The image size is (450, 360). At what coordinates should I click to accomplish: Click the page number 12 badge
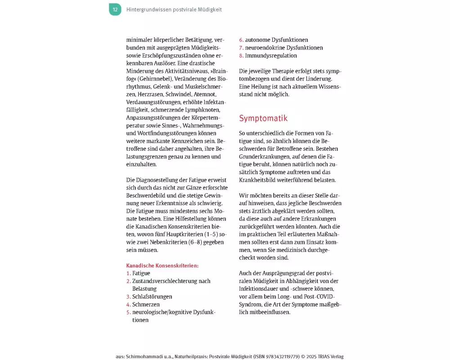(115, 9)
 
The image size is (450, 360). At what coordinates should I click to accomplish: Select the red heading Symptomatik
(263, 118)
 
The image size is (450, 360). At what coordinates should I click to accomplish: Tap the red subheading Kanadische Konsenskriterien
(162, 265)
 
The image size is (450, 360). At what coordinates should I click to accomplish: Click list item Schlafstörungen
(152, 297)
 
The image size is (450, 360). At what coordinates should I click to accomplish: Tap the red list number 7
(241, 48)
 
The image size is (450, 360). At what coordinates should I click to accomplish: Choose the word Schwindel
(180, 94)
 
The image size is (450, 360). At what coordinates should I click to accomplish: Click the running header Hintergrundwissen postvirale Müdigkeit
(174, 9)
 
